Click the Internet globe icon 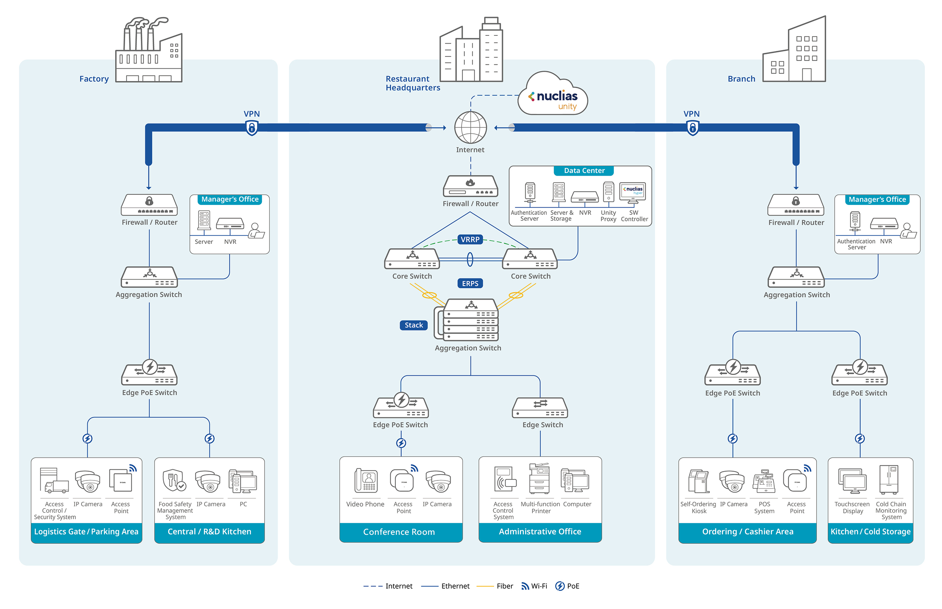tap(470, 127)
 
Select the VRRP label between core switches tap(470, 239)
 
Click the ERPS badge tap(470, 283)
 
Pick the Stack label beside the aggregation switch tap(413, 325)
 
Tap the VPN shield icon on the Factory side tap(252, 128)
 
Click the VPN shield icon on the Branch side tap(693, 128)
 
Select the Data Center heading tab tap(584, 170)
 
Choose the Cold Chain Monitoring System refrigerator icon tap(889, 480)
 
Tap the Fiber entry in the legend tap(495, 586)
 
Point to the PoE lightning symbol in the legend tap(560, 586)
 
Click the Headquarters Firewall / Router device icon tap(470, 186)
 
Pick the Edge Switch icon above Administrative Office tap(540, 408)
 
